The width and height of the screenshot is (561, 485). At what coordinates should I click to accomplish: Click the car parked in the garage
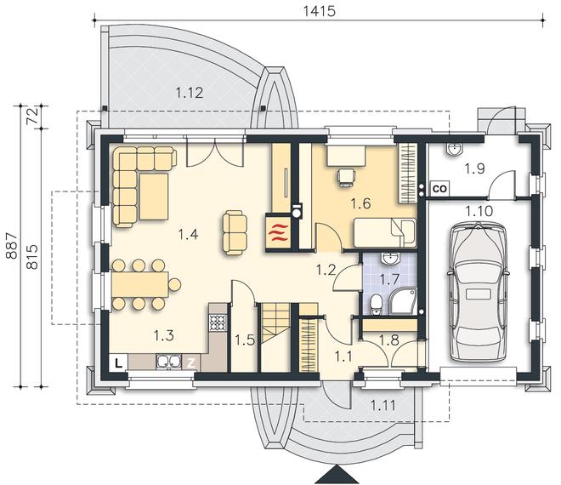(x=478, y=292)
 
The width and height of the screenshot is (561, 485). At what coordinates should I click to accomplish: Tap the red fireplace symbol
(x=278, y=232)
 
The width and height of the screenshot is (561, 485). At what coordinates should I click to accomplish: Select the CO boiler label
(x=439, y=188)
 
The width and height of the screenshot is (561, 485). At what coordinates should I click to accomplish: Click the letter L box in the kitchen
(x=118, y=362)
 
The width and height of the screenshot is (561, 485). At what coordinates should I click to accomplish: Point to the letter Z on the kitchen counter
(x=191, y=363)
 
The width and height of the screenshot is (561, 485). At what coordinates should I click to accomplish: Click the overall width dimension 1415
(x=319, y=11)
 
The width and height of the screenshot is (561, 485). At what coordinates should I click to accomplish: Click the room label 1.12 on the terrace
(x=190, y=93)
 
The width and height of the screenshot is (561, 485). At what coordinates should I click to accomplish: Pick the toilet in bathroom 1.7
(x=376, y=305)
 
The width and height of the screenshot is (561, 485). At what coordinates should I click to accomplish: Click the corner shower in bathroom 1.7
(x=403, y=301)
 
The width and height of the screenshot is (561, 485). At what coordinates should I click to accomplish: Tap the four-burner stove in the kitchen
(x=218, y=322)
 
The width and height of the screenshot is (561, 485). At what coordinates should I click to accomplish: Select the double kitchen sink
(x=167, y=362)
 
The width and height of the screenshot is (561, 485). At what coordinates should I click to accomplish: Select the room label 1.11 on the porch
(x=382, y=406)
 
